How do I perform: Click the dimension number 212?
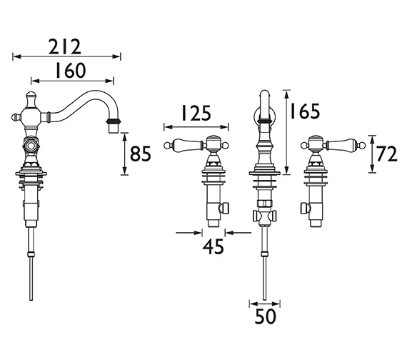tap(65, 46)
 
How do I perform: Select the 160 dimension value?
tap(71, 71)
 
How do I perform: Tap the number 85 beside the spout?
tap(140, 154)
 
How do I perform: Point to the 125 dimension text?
tap(196, 114)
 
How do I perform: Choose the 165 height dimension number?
tap(305, 111)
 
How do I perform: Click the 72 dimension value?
tap(387, 154)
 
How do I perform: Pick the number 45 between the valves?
tap(213, 246)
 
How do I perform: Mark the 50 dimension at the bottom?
tap(266, 316)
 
